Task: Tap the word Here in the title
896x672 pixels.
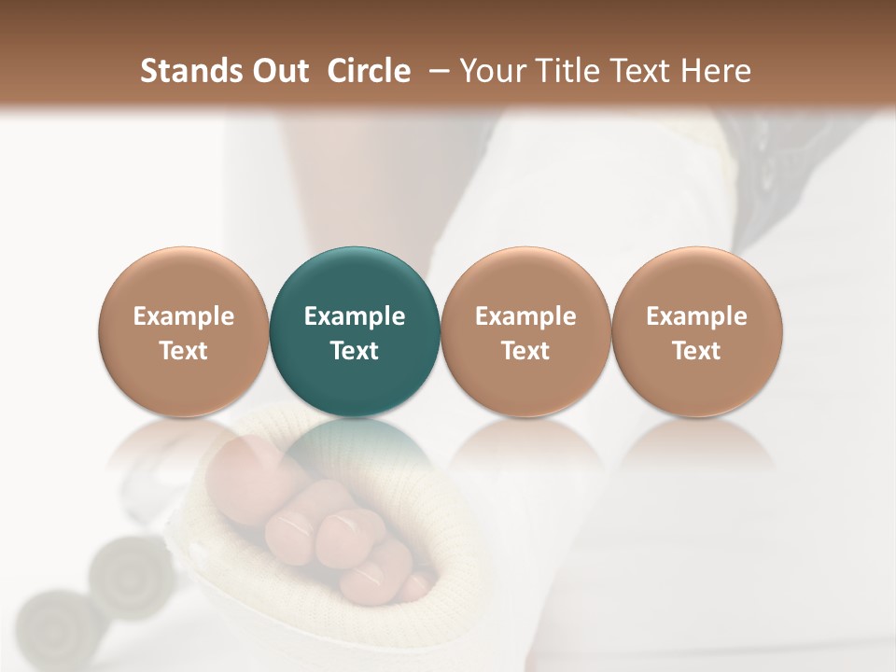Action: [x=717, y=71]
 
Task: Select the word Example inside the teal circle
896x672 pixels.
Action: [x=355, y=316]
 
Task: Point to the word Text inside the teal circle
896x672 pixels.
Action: [x=355, y=351]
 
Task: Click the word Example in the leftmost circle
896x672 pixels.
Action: [x=184, y=316]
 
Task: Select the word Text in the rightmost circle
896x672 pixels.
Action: [x=696, y=351]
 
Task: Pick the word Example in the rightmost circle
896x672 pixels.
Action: [x=696, y=316]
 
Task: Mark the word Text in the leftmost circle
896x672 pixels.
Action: [x=184, y=351]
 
